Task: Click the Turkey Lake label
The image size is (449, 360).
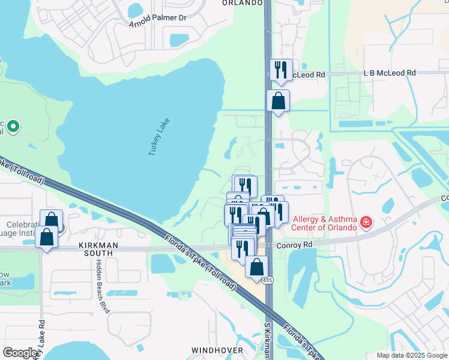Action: click(160, 137)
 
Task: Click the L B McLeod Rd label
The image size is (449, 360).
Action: click(390, 73)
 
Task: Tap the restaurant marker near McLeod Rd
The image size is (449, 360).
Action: click(280, 70)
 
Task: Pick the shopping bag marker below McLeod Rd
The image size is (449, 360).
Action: click(278, 101)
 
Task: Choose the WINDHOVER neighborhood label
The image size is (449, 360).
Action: click(217, 350)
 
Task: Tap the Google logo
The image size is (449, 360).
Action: click(20, 353)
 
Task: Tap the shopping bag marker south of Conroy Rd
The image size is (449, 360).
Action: click(256, 268)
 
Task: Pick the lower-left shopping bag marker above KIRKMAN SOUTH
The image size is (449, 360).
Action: click(47, 236)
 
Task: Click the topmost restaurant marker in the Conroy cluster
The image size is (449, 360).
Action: click(244, 186)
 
